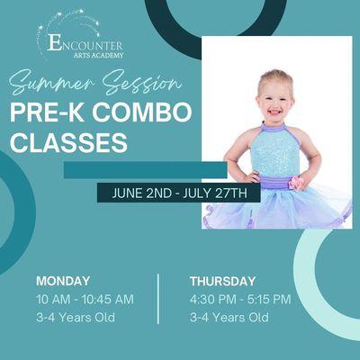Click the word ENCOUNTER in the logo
coord(85,42)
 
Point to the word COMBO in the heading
coord(148,113)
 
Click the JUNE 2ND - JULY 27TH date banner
coord(179,193)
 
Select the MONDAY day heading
coord(63,281)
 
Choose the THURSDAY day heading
coord(222,281)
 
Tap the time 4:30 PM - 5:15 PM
coord(240,299)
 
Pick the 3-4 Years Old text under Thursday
coord(229,318)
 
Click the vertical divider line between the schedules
coord(158,299)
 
